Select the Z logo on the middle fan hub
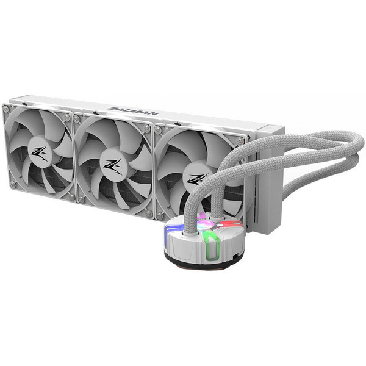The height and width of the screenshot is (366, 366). pyautogui.click(x=113, y=165)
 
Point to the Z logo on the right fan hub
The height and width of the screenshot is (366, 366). pyautogui.click(x=196, y=179)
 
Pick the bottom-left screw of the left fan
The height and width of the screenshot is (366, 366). pyautogui.click(x=12, y=183)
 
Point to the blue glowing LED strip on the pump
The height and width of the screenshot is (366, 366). pyautogui.click(x=171, y=232)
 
